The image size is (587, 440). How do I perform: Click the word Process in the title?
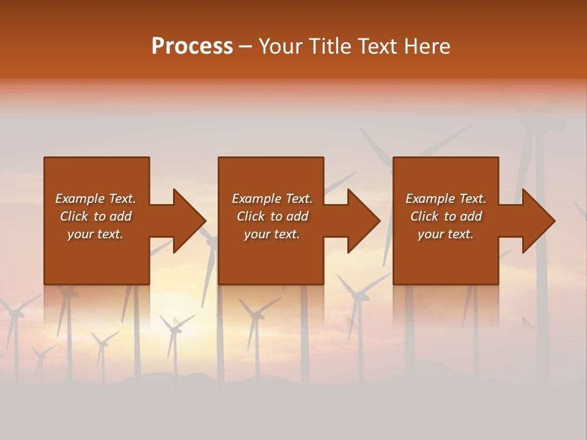pos(192,46)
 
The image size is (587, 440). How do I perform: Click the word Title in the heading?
pos(328,46)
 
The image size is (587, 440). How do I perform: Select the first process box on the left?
pos(97,257)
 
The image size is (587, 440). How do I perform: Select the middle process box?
pos(271,257)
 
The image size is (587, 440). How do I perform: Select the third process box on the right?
pos(445,257)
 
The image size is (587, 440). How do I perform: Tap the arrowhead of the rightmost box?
pos(537,221)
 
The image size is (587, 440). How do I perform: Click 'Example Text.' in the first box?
pos(95,199)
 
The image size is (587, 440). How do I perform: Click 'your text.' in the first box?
pos(95,234)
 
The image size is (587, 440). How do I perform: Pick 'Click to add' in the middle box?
pos(272,216)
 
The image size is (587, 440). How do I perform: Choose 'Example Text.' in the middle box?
pos(272,199)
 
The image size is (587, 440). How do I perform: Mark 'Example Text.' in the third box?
pos(446,199)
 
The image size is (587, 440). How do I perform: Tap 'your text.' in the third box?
pos(446,234)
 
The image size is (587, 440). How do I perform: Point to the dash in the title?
pos(245,47)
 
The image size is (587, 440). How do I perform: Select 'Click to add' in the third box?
pos(446,216)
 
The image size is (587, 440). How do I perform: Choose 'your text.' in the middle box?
pos(272,234)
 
